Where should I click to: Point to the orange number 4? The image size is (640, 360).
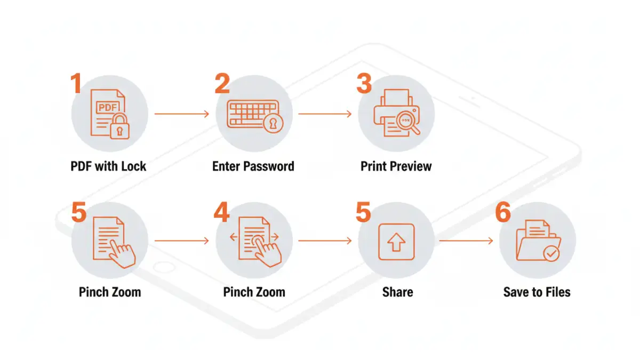[221, 213]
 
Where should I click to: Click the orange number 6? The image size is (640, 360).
[503, 213]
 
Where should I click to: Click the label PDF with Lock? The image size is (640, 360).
[108, 166]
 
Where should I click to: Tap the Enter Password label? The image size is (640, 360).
[253, 166]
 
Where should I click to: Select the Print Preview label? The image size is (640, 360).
[396, 166]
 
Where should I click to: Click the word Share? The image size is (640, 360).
[397, 292]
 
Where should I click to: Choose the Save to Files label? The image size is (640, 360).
[537, 292]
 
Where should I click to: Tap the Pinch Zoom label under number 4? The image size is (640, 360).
[254, 292]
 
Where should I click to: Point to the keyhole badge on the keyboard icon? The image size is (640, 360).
[274, 124]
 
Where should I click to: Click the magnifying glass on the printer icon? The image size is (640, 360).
[410, 122]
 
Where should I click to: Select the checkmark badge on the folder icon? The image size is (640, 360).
[551, 252]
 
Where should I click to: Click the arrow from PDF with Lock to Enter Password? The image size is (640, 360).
[181, 114]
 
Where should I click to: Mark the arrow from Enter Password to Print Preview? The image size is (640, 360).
[325, 114]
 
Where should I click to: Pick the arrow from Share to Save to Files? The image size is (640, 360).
[466, 241]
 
